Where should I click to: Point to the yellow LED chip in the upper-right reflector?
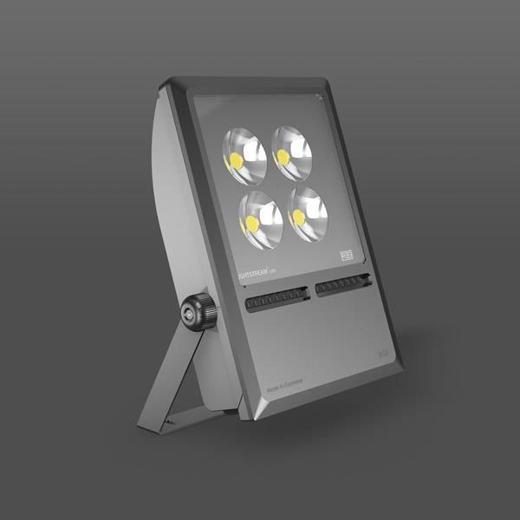(281, 157)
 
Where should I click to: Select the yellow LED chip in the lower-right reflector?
(298, 217)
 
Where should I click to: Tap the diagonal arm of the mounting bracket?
(169, 374)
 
